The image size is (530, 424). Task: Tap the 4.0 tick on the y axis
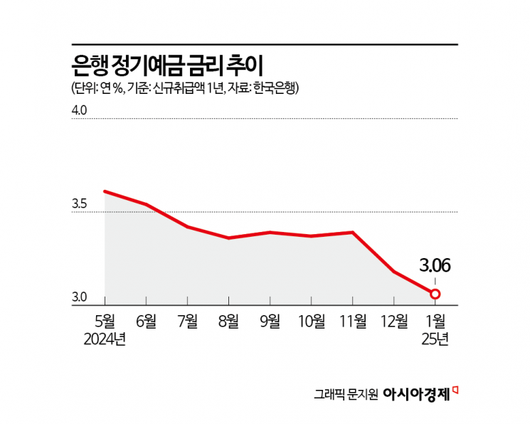tap(80, 111)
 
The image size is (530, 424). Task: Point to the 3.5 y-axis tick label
tap(80, 205)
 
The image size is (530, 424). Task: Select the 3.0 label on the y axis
tap(80, 297)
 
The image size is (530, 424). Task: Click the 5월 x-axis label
tap(105, 321)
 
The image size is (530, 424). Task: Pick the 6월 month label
tap(146, 321)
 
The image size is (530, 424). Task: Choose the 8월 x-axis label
tap(228, 321)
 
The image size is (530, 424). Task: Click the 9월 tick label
tap(270, 321)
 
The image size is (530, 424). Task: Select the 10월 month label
tap(311, 321)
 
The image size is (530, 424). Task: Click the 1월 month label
tap(435, 321)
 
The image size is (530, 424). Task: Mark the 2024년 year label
tap(105, 339)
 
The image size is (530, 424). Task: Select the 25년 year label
tap(435, 339)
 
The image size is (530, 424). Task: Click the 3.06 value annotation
tap(435, 267)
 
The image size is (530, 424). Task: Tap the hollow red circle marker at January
tap(435, 294)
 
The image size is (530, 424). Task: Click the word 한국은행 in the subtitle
tap(277, 88)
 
